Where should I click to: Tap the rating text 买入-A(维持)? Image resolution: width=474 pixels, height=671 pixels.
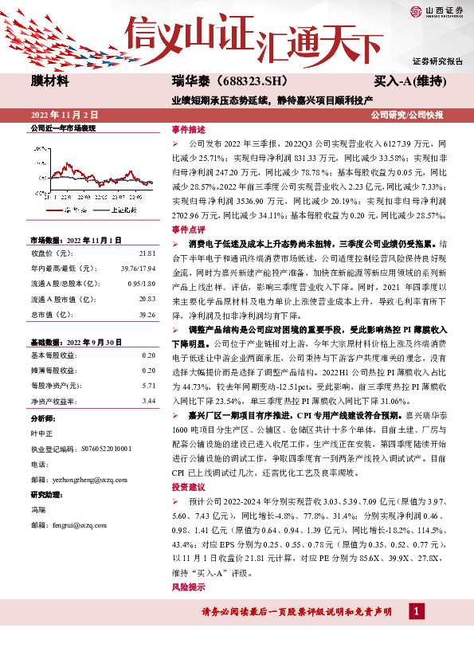[x=409, y=82]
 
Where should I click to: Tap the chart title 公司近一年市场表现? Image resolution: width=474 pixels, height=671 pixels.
[x=62, y=128]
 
